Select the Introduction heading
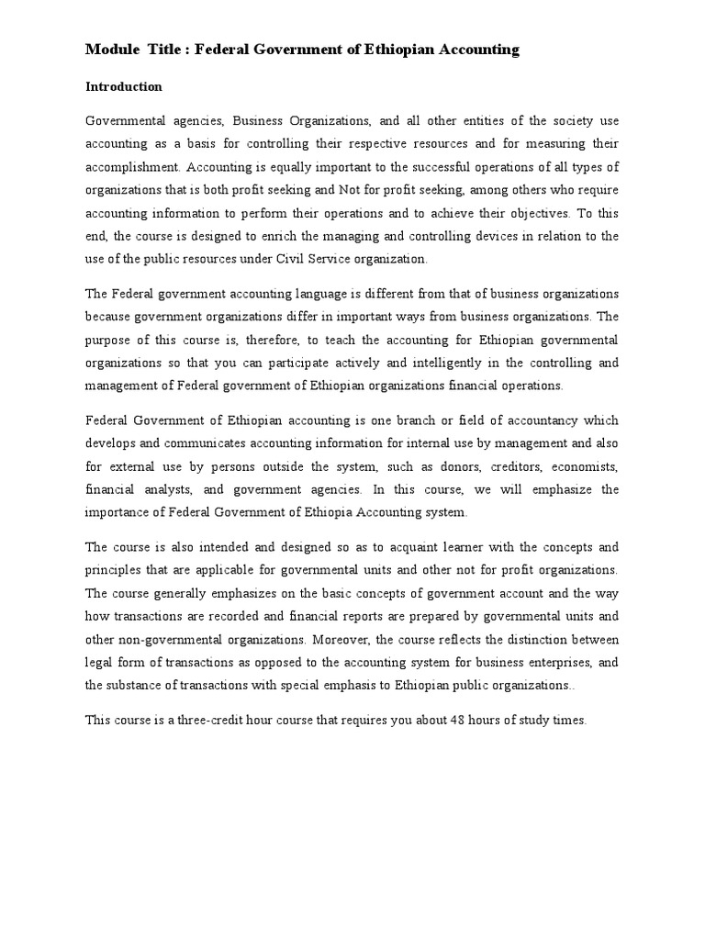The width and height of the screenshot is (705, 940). pos(124,87)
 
